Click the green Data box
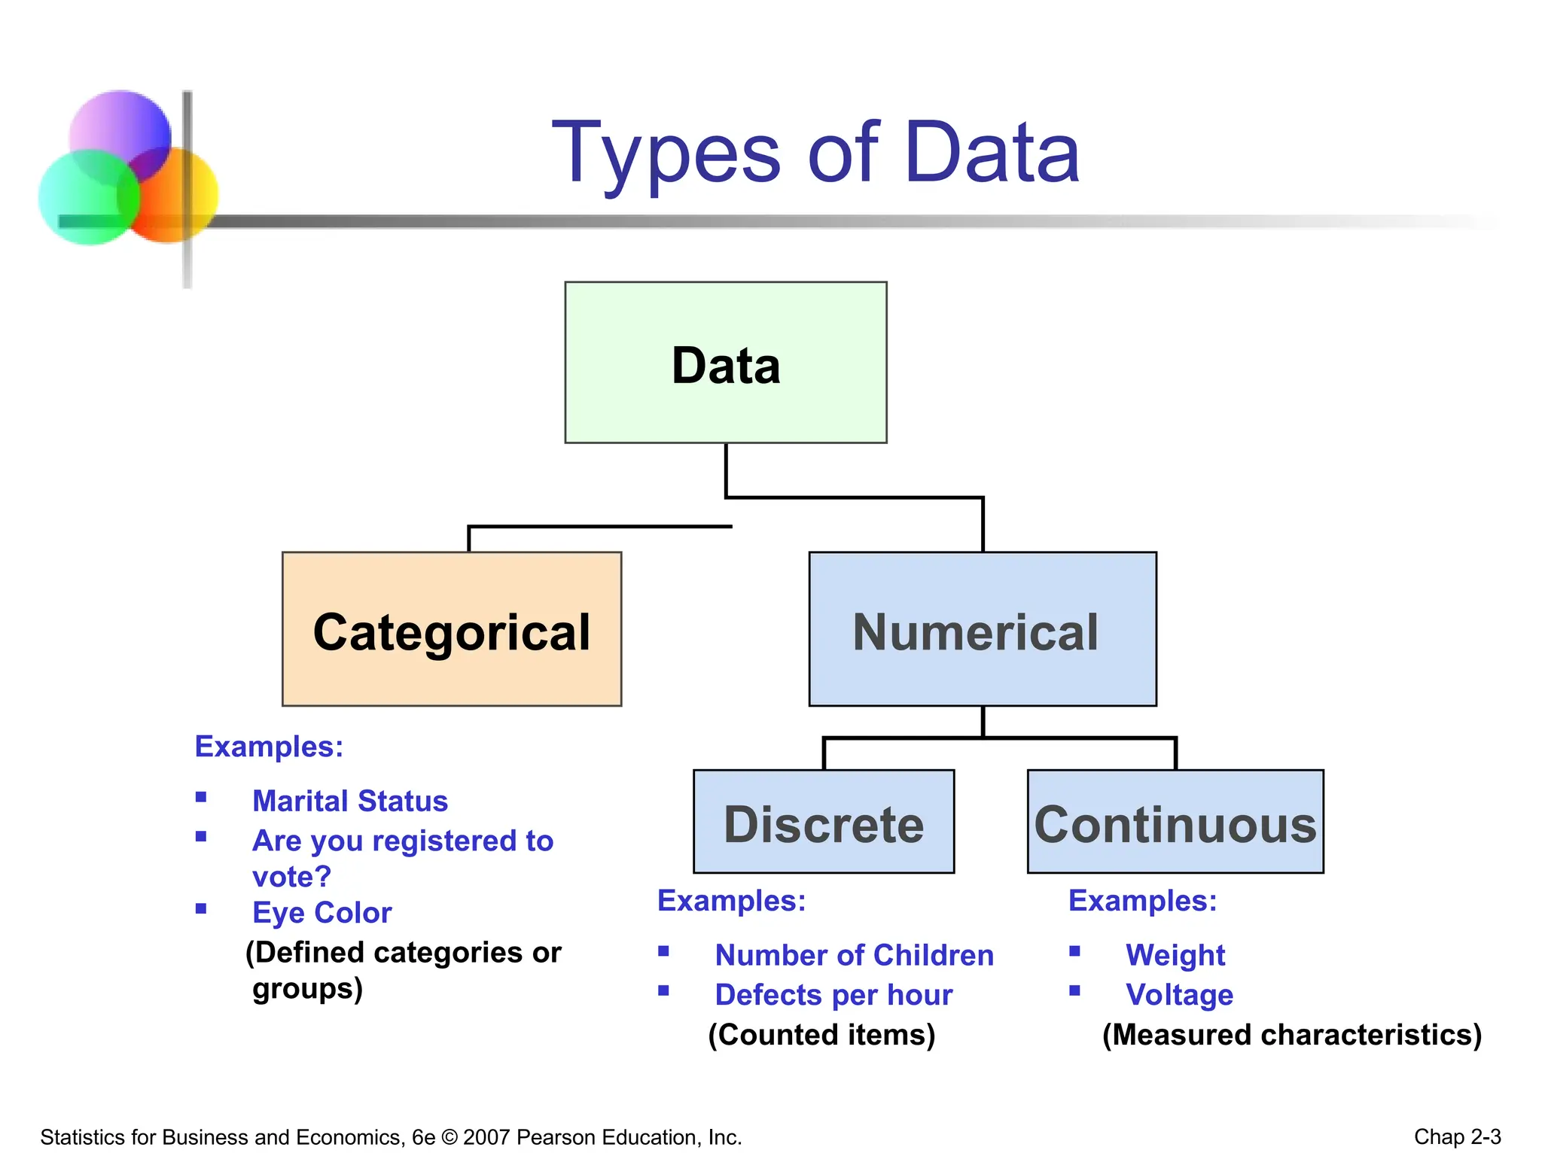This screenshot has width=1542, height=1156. [726, 363]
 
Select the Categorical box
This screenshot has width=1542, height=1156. [452, 629]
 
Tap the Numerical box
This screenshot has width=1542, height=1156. [983, 629]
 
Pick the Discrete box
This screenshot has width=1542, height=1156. [824, 822]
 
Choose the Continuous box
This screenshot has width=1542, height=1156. [1175, 822]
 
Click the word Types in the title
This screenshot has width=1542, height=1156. [667, 155]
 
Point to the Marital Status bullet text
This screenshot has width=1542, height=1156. [350, 801]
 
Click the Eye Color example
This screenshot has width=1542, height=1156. [322, 912]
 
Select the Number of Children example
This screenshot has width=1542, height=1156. [855, 955]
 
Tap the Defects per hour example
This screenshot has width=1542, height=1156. [833, 995]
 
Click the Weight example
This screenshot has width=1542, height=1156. [1175, 955]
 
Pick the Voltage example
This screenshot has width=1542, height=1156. [1179, 995]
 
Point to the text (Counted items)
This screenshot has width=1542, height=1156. [821, 1035]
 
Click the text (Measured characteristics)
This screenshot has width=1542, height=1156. [1292, 1035]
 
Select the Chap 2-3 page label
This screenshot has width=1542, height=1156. [1458, 1136]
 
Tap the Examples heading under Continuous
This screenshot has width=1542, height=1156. [1142, 901]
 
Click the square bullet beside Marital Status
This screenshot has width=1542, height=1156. [201, 797]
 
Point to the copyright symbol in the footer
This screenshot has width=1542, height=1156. [449, 1136]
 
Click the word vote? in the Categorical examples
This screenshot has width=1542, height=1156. [291, 877]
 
